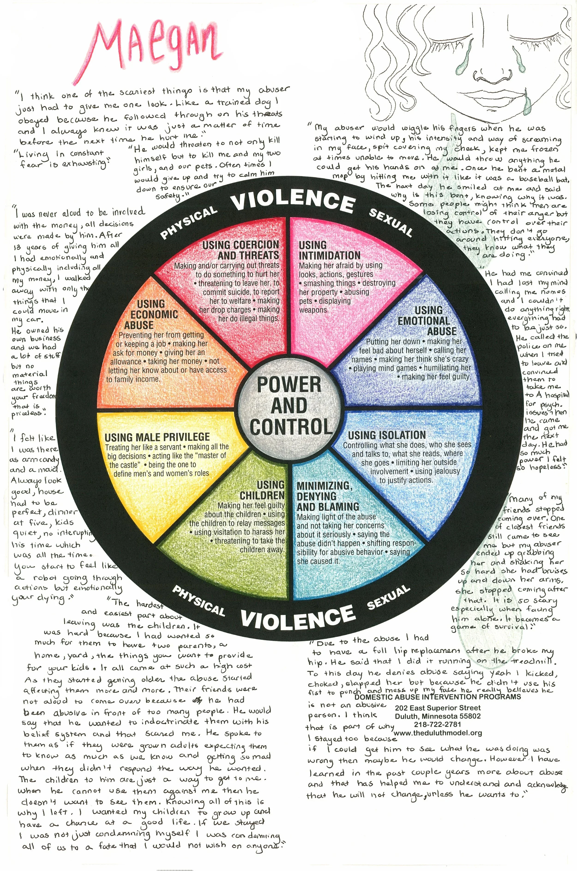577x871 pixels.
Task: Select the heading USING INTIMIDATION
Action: [329, 250]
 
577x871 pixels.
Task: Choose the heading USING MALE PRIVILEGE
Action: [157, 437]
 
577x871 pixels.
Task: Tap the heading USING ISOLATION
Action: [387, 435]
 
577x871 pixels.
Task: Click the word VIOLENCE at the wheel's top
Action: [293, 201]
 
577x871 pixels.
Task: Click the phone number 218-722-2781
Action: [437, 724]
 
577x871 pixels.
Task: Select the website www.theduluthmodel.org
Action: [438, 733]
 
